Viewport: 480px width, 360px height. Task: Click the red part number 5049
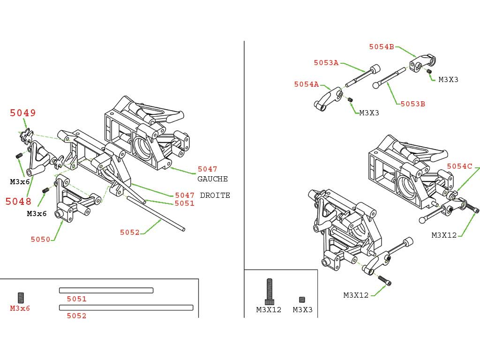click(x=23, y=113)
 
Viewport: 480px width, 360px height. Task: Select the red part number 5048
click(x=18, y=202)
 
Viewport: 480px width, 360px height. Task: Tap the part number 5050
click(x=40, y=240)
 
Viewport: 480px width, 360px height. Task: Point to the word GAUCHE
click(x=212, y=179)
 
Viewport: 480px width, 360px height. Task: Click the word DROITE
click(x=215, y=195)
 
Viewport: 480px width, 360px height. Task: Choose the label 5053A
click(x=326, y=63)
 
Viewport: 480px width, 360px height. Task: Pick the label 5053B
click(x=412, y=104)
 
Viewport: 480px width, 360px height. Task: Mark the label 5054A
click(x=306, y=84)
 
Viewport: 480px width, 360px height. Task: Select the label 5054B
click(x=381, y=47)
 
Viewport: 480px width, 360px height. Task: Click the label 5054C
click(x=459, y=166)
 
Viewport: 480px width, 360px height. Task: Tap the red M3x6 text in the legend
click(x=20, y=308)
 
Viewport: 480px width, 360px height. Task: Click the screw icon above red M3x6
click(x=21, y=298)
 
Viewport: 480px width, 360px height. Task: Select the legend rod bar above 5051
click(x=106, y=290)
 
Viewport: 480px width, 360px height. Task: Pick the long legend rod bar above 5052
click(x=126, y=307)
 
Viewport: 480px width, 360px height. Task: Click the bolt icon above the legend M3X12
click(x=269, y=292)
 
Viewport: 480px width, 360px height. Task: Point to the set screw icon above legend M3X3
click(x=302, y=300)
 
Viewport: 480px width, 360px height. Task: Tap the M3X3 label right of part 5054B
click(x=448, y=80)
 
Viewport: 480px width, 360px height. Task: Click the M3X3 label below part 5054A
click(x=369, y=113)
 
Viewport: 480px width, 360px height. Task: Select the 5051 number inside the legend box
click(x=76, y=299)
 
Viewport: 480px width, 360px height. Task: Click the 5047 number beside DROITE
click(x=185, y=195)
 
